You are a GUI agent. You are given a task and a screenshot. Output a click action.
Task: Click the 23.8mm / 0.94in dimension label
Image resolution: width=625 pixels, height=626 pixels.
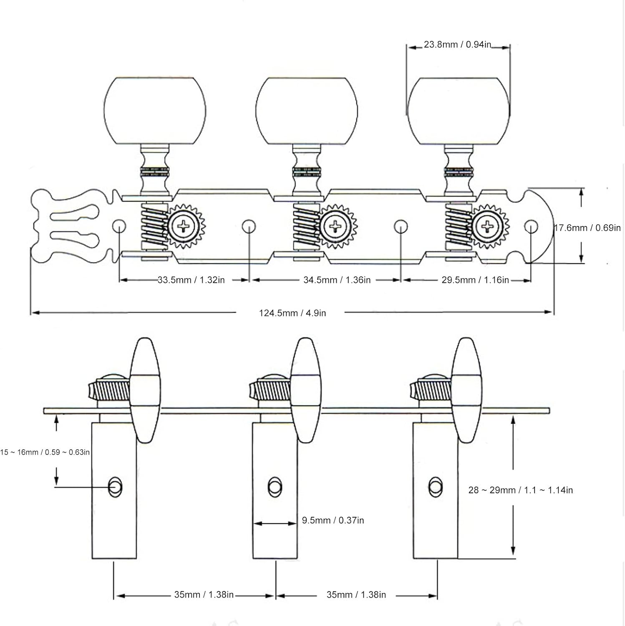tap(457, 45)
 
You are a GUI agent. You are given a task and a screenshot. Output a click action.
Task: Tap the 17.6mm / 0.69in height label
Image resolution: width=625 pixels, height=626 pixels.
tap(587, 228)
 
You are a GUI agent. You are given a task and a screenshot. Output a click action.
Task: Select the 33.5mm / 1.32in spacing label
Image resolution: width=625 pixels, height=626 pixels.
tap(191, 280)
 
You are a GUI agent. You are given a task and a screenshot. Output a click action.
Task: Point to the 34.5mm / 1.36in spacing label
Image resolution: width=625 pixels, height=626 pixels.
tap(337, 280)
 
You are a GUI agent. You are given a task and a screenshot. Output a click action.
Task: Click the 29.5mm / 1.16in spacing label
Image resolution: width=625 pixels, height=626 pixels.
tap(475, 280)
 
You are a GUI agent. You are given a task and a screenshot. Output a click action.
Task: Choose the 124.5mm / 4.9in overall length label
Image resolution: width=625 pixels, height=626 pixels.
tap(292, 313)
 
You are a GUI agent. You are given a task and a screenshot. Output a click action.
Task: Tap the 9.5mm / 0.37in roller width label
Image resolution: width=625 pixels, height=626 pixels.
tap(333, 520)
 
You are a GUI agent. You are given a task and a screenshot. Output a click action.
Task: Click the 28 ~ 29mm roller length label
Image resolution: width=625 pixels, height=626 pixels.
tap(520, 490)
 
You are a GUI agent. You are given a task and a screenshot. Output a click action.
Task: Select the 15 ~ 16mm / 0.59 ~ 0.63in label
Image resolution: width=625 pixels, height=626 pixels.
tap(45, 452)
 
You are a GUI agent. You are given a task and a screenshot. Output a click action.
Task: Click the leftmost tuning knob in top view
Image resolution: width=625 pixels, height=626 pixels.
tap(155, 111)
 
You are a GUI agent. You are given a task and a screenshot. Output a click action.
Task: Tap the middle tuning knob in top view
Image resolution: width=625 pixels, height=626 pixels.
tap(307, 111)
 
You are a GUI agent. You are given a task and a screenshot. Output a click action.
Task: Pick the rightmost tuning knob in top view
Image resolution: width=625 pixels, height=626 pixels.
tap(459, 111)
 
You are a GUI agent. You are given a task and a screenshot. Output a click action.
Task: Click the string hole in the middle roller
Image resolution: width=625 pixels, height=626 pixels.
tap(275, 487)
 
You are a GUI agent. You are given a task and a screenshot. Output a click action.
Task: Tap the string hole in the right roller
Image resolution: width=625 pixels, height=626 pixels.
tap(435, 487)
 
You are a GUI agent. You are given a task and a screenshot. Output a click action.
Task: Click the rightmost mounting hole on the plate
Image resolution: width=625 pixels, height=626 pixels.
tap(531, 227)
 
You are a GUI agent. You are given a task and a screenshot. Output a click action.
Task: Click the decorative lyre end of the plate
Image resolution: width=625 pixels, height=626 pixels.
tap(71, 227)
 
